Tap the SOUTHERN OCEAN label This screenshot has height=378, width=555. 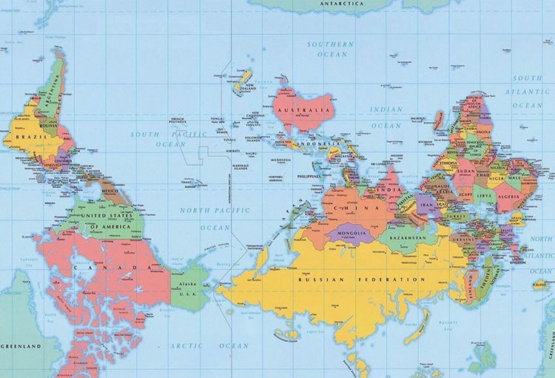coord(332,49)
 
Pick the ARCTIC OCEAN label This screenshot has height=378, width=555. coord(209,345)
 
